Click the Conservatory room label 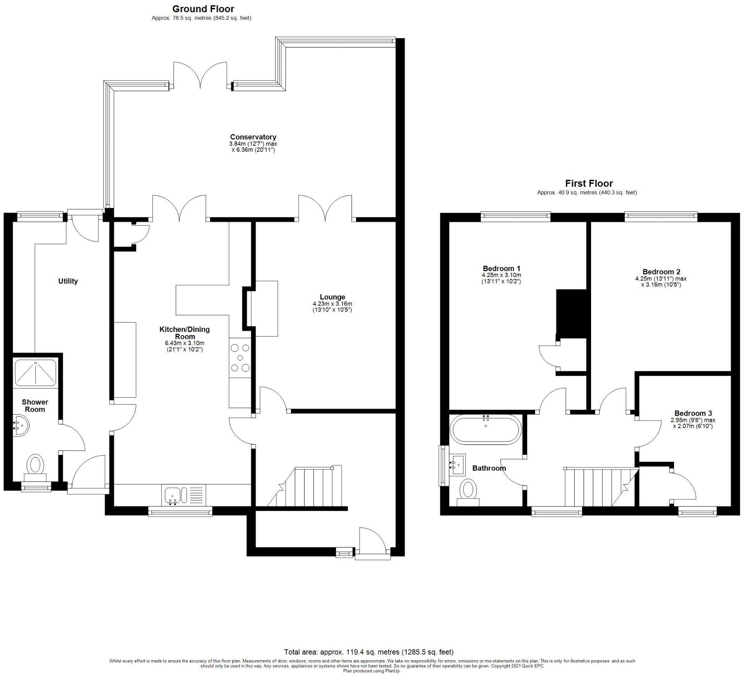coord(253,137)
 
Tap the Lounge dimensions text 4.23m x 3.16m coord(332,304)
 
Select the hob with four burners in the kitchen coord(240,358)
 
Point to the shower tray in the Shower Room coord(35,372)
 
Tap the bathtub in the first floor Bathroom coord(486,429)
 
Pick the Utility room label coord(68,281)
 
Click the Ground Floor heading coord(203,9)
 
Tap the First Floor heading coord(589,183)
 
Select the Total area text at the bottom coord(369,652)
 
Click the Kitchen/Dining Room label coord(184,333)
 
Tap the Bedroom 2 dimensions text coord(660,282)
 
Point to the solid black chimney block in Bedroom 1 coord(571,312)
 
